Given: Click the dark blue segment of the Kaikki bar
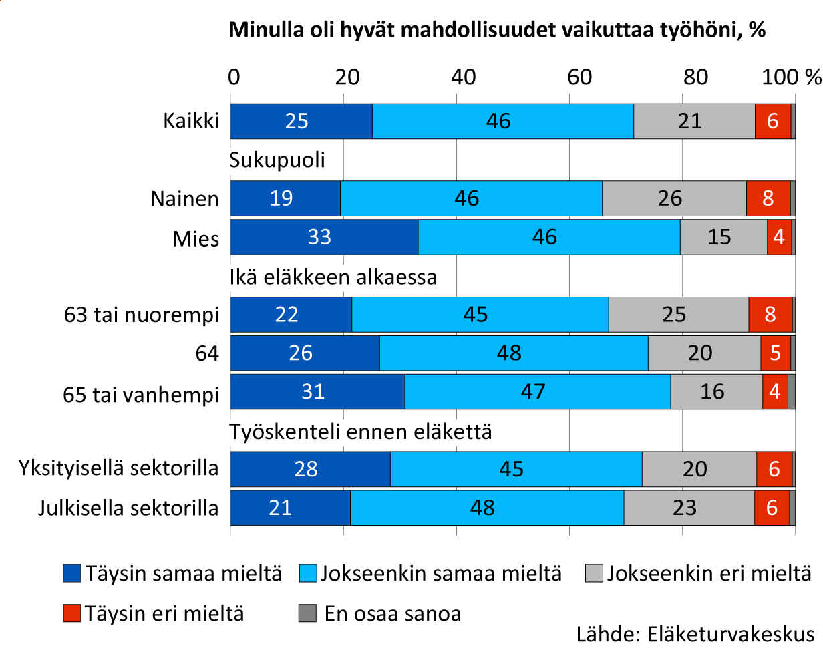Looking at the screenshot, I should point(301,121).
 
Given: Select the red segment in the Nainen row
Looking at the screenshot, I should point(768,198).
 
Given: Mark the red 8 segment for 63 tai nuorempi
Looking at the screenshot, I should point(770,315).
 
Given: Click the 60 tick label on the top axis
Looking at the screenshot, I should point(579,77).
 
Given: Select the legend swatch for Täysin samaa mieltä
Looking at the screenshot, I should point(72,573).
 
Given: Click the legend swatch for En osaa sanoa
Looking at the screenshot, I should point(307,613).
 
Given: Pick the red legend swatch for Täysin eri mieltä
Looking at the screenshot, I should point(72,613).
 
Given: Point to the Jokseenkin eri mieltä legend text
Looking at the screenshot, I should point(709,573).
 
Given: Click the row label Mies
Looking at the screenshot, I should point(196,238).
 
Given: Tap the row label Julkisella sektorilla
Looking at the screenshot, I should point(128,508).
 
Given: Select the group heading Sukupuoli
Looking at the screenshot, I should point(277,160).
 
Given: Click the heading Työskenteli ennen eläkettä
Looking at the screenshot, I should point(361,432).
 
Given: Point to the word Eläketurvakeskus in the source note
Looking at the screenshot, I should point(731,635).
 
